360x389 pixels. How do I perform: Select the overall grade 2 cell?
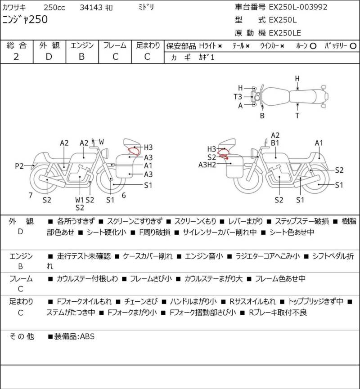coord(17,57)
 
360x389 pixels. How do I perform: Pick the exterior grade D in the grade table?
coord(49,57)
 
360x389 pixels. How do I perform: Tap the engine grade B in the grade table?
coord(82,57)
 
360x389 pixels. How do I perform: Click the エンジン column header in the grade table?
coord(82,45)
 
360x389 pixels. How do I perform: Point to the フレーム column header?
coord(115,45)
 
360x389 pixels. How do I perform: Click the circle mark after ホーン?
coord(313,46)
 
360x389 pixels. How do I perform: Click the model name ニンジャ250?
coord(25,19)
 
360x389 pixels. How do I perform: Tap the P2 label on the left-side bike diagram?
coord(19,166)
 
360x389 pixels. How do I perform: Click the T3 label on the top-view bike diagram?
coord(238,97)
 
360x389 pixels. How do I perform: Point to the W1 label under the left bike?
coord(79,199)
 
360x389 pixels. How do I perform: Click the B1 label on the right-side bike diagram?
coord(275,143)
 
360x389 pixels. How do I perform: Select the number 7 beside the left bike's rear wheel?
coord(30,195)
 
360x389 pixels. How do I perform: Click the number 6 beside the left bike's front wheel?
coord(123,195)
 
